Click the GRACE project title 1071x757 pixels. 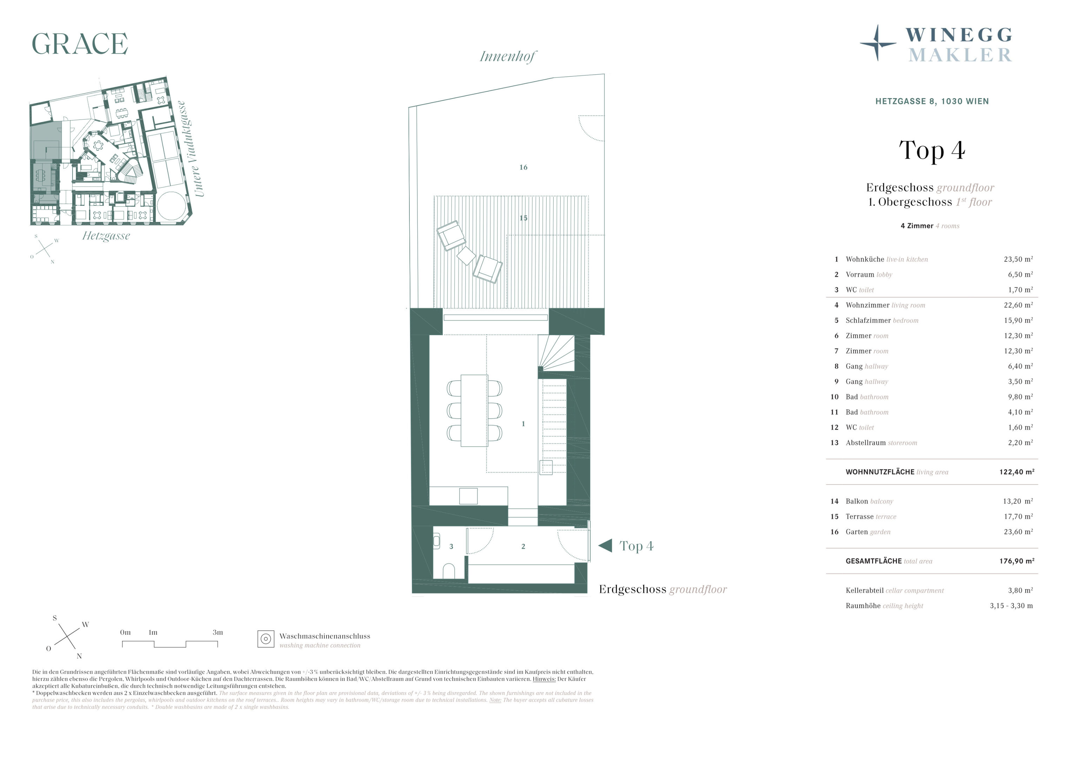point(80,44)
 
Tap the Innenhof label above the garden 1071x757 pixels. point(508,57)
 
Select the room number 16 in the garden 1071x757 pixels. point(523,167)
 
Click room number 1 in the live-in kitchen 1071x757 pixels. point(523,424)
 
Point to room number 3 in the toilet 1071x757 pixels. point(451,546)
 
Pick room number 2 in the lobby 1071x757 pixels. point(523,546)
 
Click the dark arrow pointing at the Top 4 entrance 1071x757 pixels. point(605,545)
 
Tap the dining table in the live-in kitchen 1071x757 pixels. point(474,411)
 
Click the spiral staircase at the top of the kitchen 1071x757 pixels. point(556,353)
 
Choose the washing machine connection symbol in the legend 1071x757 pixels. point(266,639)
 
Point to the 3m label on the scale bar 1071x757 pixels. point(218,633)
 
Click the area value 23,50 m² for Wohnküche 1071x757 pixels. point(1018,259)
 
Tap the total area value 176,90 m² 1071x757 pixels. point(1017,561)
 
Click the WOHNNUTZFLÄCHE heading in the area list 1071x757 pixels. point(880,472)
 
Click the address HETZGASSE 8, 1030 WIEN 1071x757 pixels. point(932,101)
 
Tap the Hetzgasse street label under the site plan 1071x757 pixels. point(106,236)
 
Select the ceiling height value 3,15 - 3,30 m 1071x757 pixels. point(1011,606)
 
